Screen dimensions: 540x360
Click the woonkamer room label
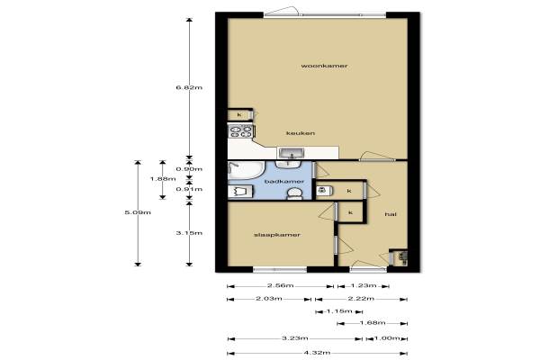pyautogui.click(x=324, y=66)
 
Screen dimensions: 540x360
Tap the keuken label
pyautogui.click(x=301, y=133)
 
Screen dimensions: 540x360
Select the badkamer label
pyautogui.click(x=284, y=181)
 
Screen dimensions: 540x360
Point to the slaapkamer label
pyautogui.click(x=277, y=235)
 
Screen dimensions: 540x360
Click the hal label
pyautogui.click(x=391, y=214)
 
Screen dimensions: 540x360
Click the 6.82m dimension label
pyautogui.click(x=189, y=87)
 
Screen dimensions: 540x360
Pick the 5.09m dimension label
pyautogui.click(x=138, y=212)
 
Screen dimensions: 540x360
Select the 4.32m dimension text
pyautogui.click(x=317, y=353)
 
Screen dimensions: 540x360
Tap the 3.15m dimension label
pyautogui.click(x=189, y=233)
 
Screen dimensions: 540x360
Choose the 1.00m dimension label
pyautogui.click(x=387, y=338)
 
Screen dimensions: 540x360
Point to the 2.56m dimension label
pyautogui.click(x=281, y=285)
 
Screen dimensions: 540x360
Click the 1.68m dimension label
pyautogui.click(x=373, y=323)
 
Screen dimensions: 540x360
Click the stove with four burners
pyautogui.click(x=241, y=131)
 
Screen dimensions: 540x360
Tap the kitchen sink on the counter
pyautogui.click(x=291, y=153)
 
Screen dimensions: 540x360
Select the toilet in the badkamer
pyautogui.click(x=295, y=194)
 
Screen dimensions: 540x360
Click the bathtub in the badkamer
pyautogui.click(x=246, y=170)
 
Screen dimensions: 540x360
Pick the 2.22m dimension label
pyautogui.click(x=361, y=299)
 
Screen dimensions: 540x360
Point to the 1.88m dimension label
pyautogui.click(x=163, y=179)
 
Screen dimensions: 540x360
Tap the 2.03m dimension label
pyautogui.click(x=269, y=299)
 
